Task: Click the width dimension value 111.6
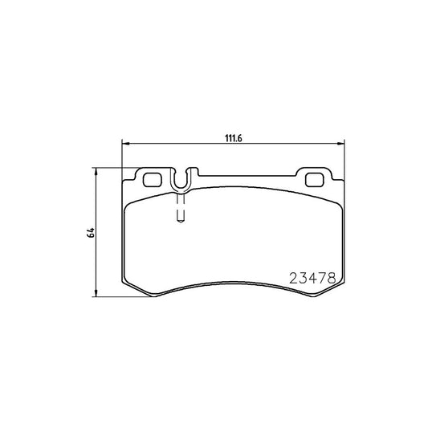[x=233, y=137]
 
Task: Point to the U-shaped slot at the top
[x=181, y=181]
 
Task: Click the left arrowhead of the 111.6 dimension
[x=125, y=145]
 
